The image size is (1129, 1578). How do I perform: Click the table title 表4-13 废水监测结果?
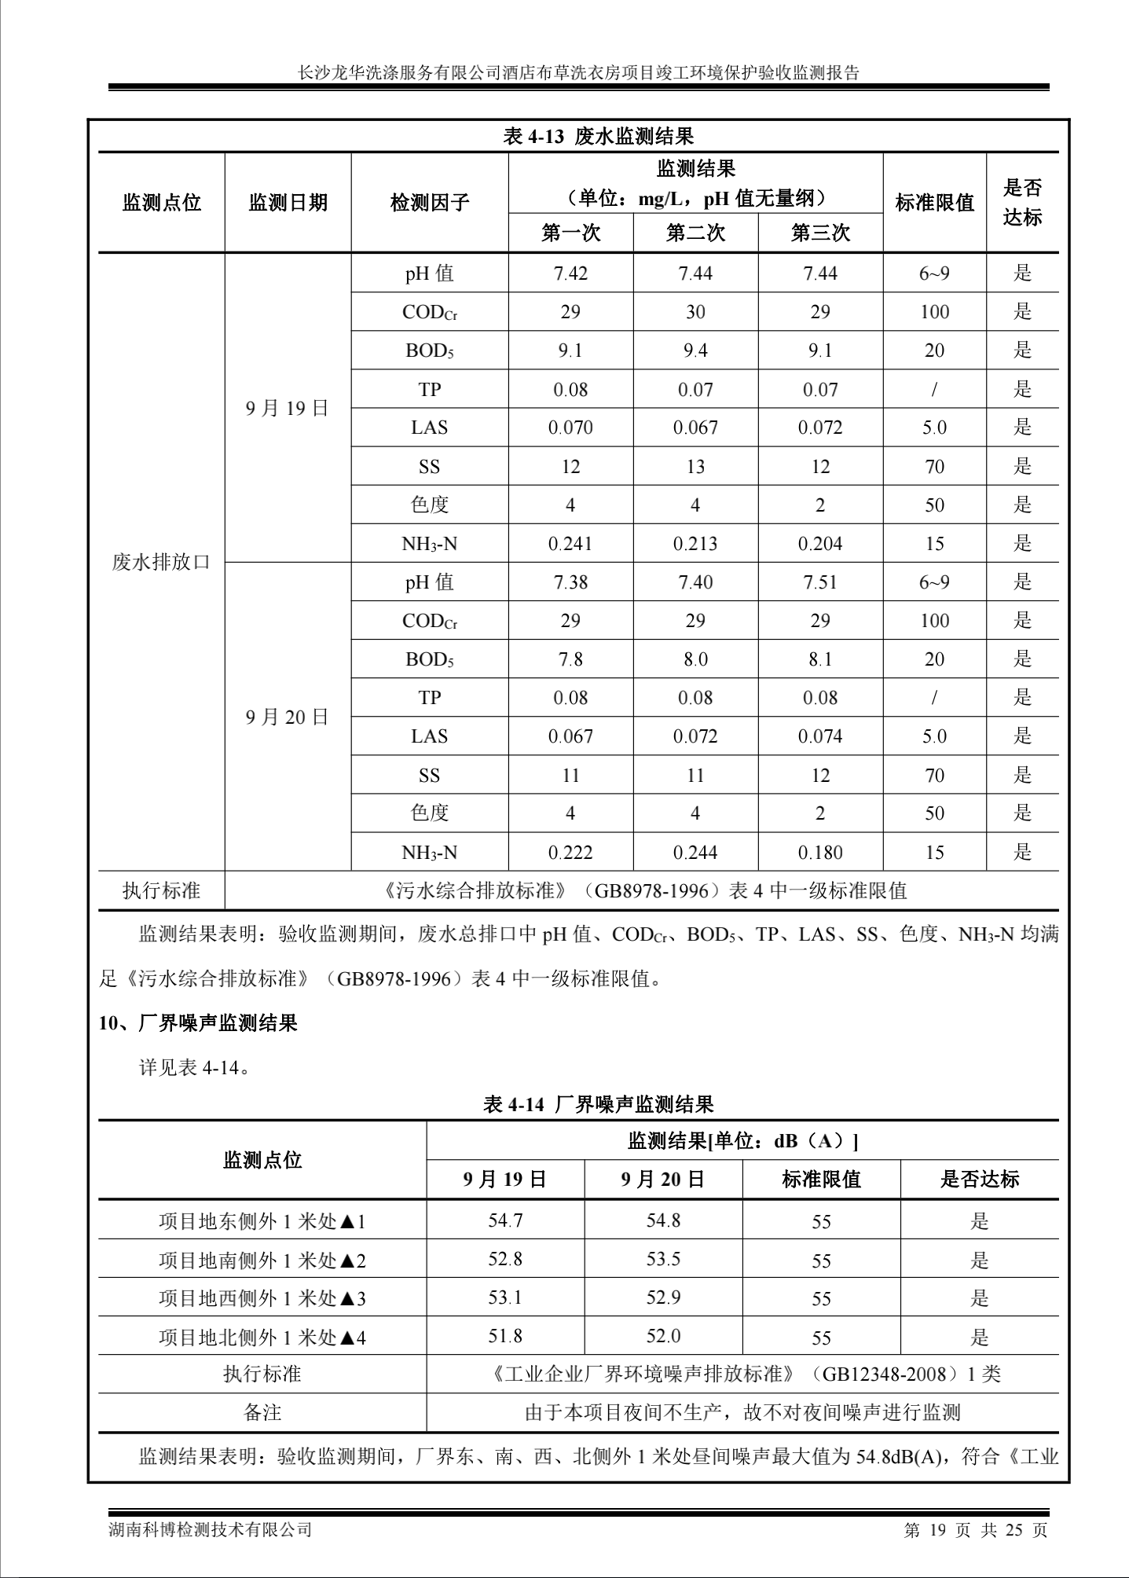click(598, 137)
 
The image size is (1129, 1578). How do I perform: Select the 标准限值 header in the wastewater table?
click(934, 203)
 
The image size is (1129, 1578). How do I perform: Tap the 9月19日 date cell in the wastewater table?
click(287, 409)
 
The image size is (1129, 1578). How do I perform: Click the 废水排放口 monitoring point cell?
click(161, 563)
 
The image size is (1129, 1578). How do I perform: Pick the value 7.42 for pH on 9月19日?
click(570, 273)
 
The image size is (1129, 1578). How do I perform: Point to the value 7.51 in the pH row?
click(820, 582)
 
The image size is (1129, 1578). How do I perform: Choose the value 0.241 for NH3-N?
click(570, 544)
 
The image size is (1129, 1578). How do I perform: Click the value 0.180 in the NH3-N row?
click(820, 853)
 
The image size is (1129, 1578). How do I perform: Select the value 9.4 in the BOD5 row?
click(695, 350)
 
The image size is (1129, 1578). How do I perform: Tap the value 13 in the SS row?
click(695, 467)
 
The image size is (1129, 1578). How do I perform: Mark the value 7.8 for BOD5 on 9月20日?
click(570, 659)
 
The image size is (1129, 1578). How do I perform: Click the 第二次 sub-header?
click(695, 233)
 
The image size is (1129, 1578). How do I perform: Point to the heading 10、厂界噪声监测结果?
click(198, 1023)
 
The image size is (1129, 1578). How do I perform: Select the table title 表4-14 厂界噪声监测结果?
click(598, 1104)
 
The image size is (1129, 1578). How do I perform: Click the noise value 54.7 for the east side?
click(505, 1220)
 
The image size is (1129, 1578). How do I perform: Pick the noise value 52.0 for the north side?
click(663, 1336)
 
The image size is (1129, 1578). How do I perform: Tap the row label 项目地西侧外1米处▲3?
click(262, 1298)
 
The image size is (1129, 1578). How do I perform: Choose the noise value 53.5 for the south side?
click(663, 1260)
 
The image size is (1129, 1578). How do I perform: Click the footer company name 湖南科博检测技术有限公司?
click(210, 1529)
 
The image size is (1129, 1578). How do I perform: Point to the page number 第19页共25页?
click(976, 1529)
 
